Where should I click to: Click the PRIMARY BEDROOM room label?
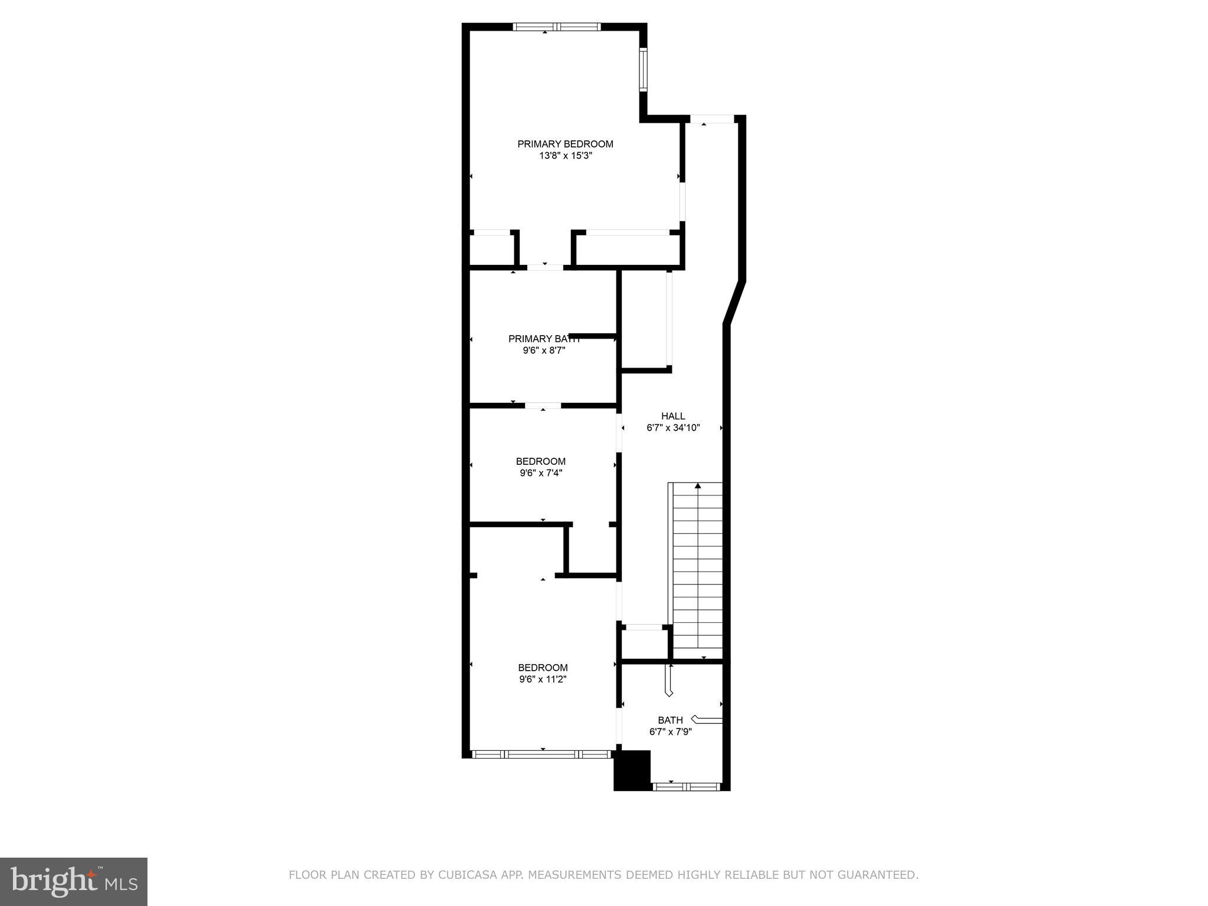point(565,144)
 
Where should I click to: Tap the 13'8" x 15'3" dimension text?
point(565,156)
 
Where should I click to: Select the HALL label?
point(673,416)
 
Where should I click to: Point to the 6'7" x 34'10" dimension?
point(673,428)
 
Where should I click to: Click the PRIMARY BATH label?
point(544,339)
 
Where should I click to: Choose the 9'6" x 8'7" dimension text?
point(544,350)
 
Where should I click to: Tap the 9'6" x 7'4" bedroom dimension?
point(541,472)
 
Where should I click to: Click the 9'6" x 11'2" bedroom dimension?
point(543,679)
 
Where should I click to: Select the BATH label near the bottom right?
point(670,720)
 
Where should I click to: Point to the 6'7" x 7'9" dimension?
point(670,731)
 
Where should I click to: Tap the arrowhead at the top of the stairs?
point(698,486)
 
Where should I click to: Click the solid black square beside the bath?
point(632,770)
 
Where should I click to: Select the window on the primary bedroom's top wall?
point(556,27)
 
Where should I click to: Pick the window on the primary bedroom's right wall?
point(644,69)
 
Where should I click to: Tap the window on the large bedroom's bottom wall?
point(542,754)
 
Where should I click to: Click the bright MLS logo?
point(74,882)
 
